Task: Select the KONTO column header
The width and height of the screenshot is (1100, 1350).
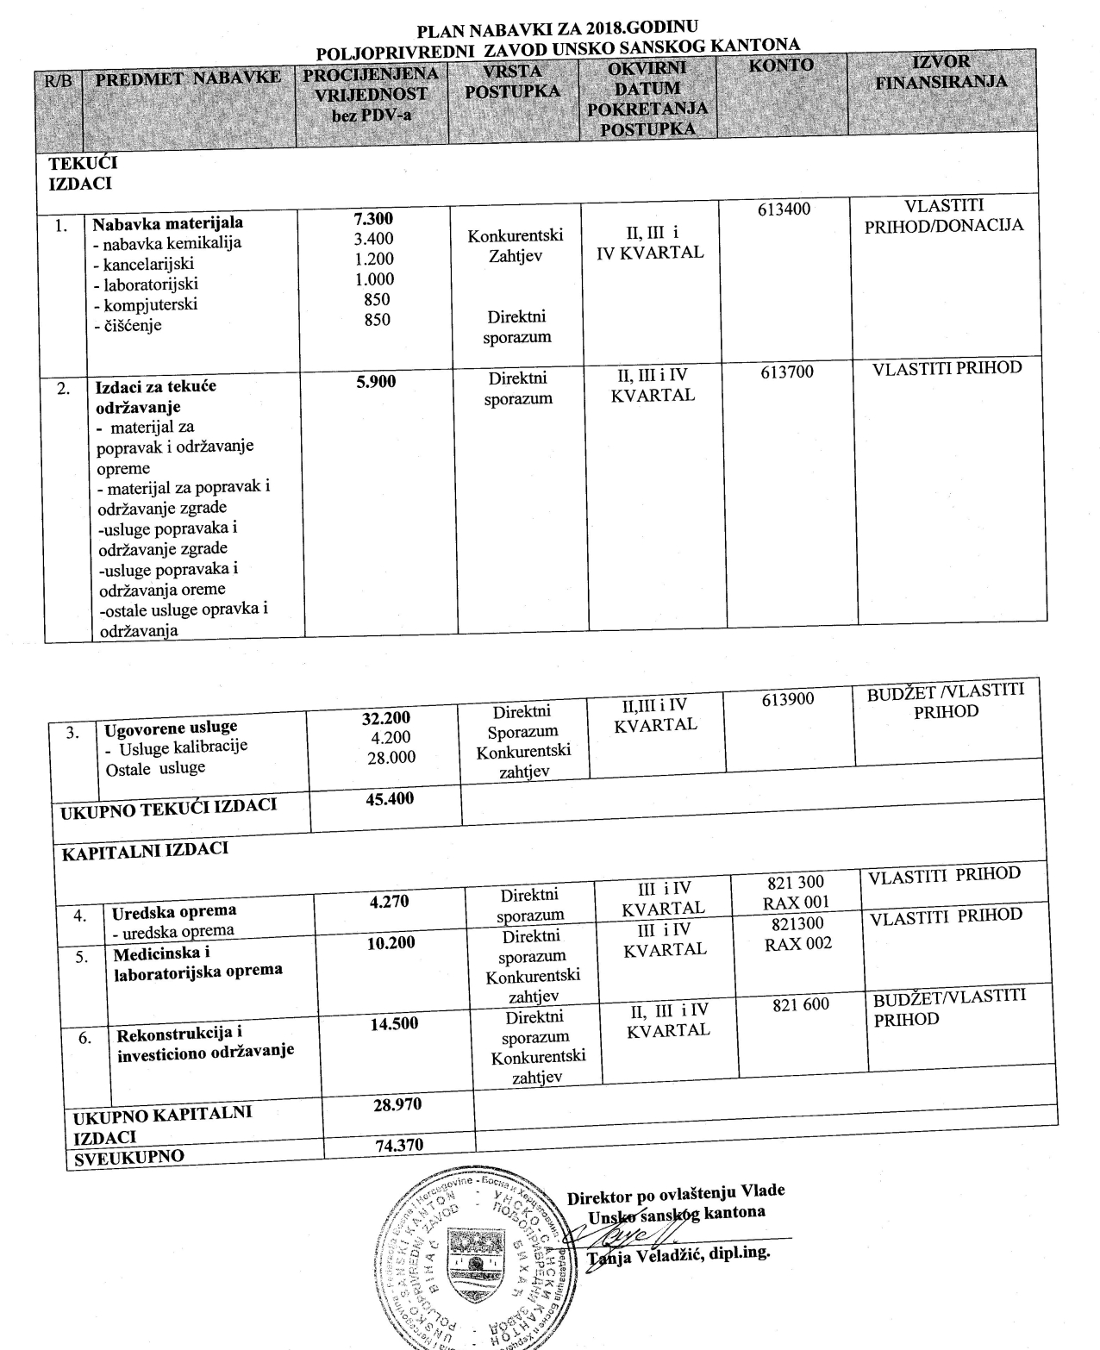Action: pos(781,66)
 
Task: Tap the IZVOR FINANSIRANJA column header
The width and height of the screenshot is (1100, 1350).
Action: pos(941,72)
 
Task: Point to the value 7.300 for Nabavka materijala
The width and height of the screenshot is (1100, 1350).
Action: pos(373,219)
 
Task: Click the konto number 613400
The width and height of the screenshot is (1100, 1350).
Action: pos(784,209)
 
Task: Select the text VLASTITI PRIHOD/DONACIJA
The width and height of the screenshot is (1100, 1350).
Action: pos(945,216)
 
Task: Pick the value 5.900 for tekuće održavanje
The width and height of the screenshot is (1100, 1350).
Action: pos(376,381)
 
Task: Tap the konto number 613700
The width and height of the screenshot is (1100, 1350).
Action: pos(787,372)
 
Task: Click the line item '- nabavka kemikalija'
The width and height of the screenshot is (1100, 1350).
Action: pos(166,243)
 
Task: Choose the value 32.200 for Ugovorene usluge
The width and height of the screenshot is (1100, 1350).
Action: pos(386,717)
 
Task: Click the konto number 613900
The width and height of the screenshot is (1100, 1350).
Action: pos(788,699)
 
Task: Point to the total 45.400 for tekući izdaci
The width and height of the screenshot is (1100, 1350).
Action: pos(390,798)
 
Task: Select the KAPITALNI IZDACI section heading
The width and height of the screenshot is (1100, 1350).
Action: pos(145,850)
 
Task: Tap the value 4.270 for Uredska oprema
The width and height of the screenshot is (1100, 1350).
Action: pos(389,902)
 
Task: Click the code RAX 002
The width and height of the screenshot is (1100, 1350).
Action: pos(798,943)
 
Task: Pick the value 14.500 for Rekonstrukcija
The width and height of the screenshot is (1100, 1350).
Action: pos(394,1023)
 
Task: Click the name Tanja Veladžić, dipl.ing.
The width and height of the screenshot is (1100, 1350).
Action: pos(678,1254)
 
